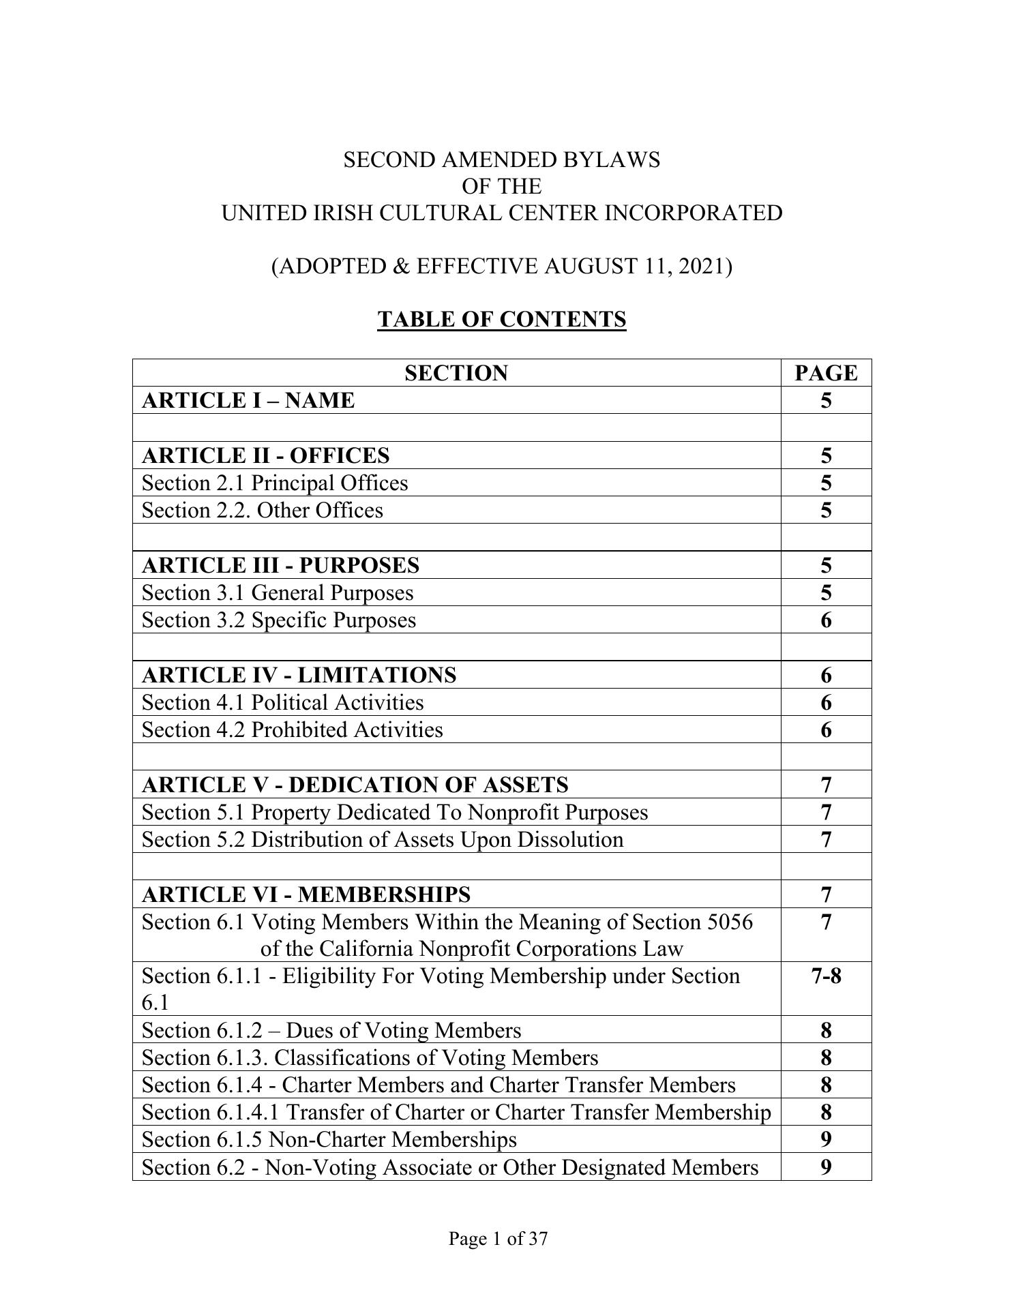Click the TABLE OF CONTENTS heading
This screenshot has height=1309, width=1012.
point(501,319)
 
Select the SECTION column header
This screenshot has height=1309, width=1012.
point(456,373)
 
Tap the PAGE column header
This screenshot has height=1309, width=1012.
point(826,373)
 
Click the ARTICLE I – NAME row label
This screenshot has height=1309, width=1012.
point(248,400)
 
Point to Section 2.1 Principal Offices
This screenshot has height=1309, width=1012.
point(275,483)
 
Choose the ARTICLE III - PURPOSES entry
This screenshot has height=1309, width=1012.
point(280,565)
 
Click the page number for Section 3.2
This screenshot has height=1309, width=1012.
point(826,620)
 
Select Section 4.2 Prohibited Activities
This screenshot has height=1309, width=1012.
point(292,729)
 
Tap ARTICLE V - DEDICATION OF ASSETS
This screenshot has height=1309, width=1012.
point(355,785)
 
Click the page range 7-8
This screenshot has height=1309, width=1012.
point(826,976)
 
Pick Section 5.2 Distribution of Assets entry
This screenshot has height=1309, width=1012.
point(383,839)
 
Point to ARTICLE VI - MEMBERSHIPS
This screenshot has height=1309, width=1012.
point(306,894)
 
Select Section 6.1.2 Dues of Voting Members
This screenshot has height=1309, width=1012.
point(331,1030)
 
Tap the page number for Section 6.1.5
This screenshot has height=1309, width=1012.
point(826,1140)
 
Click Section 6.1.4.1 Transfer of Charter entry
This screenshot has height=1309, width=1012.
point(456,1113)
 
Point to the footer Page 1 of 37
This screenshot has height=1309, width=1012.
point(498,1239)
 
